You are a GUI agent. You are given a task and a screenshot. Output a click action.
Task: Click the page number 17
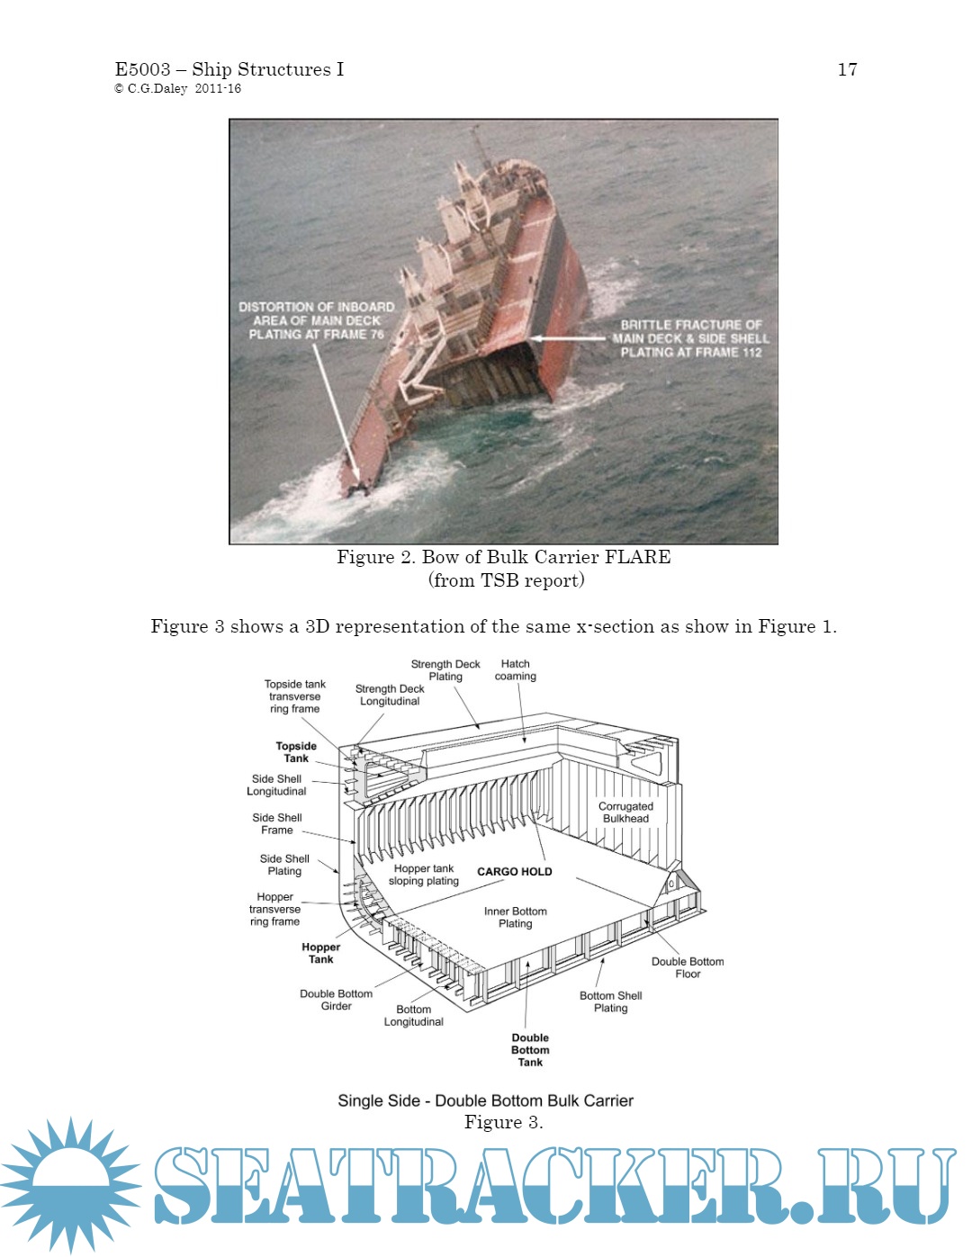[847, 69]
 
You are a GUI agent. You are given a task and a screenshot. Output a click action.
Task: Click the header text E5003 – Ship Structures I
[229, 69]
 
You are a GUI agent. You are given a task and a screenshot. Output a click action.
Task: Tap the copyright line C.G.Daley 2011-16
[177, 89]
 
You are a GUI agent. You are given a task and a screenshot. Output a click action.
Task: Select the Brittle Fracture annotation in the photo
[690, 338]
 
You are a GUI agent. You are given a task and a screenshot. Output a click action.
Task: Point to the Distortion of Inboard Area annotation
[316, 320]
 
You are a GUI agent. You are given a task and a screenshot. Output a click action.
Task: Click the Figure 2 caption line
[503, 557]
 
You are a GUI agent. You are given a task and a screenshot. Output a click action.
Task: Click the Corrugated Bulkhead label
[625, 813]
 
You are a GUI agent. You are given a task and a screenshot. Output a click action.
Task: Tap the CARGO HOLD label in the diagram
[514, 872]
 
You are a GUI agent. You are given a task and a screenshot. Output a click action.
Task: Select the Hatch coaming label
[515, 670]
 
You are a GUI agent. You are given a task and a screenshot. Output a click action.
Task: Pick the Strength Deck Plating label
[445, 670]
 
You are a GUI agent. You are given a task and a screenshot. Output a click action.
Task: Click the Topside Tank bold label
[296, 752]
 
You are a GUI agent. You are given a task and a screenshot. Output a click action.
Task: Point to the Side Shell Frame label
[277, 824]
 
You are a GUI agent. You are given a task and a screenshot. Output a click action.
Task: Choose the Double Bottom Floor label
[688, 968]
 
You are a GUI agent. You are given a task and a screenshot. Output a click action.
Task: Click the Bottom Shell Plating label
[610, 1002]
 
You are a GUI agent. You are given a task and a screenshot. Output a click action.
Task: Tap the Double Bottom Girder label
[336, 1001]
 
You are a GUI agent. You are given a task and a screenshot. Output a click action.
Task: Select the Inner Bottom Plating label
[515, 918]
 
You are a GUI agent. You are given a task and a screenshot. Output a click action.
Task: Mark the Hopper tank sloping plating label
[424, 875]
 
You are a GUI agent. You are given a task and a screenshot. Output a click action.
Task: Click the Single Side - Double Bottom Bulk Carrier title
[485, 1100]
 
